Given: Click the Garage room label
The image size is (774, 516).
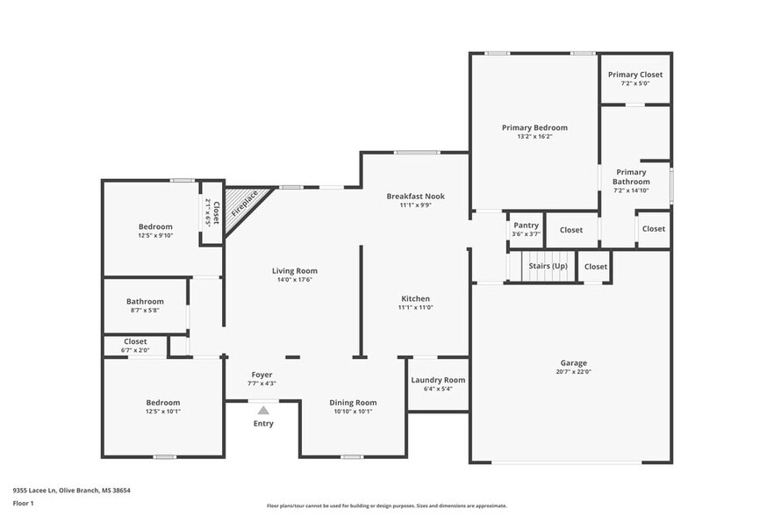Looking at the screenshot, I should pyautogui.click(x=574, y=362).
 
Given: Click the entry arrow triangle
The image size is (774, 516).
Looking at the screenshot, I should pyautogui.click(x=263, y=409).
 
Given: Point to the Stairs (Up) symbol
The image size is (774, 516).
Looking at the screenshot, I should pyautogui.click(x=545, y=266).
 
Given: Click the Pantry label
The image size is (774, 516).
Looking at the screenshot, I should pyautogui.click(x=526, y=225).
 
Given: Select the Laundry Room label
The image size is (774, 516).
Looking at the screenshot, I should pyautogui.click(x=438, y=380).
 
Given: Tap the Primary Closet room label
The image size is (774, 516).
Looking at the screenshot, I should pyautogui.click(x=635, y=75).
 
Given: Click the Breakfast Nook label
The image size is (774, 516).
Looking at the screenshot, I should pyautogui.click(x=415, y=196).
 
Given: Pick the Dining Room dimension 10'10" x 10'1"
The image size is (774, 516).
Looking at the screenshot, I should pyautogui.click(x=353, y=412).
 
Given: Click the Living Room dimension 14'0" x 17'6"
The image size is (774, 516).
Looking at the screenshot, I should pyautogui.click(x=294, y=280).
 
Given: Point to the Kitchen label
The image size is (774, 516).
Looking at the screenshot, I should pyautogui.click(x=415, y=298).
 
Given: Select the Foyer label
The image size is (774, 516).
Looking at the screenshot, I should pyautogui.click(x=262, y=374).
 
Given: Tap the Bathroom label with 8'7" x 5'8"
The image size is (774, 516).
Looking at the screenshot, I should pyautogui.click(x=145, y=301).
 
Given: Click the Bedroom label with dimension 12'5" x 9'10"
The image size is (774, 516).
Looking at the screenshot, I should pyautogui.click(x=155, y=226).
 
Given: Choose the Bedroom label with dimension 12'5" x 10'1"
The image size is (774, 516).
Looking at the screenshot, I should pyautogui.click(x=162, y=403).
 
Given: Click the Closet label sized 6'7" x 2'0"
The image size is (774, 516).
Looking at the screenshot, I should pyautogui.click(x=135, y=341).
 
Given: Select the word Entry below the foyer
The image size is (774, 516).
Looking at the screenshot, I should pyautogui.click(x=263, y=424).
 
